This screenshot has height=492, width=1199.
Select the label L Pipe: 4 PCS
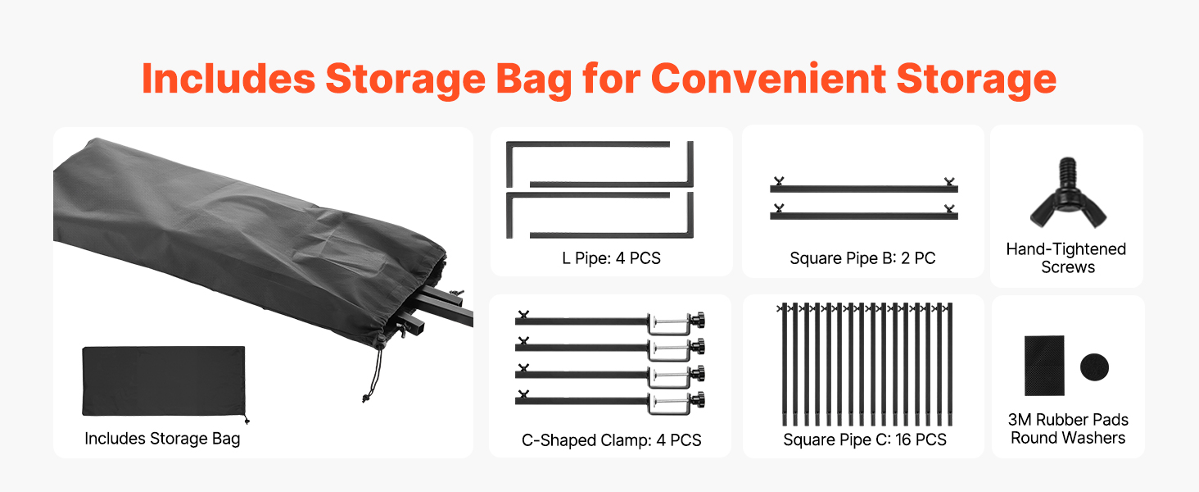pyautogui.click(x=611, y=258)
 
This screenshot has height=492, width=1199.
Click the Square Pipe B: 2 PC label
pyautogui.click(x=862, y=258)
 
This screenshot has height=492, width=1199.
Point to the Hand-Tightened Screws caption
pyautogui.click(x=1066, y=257)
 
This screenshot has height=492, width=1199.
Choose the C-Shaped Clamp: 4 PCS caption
pyautogui.click(x=611, y=440)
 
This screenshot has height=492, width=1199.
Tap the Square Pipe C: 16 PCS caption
pyautogui.click(x=865, y=440)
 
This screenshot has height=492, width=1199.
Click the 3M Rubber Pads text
pyautogui.click(x=1068, y=419)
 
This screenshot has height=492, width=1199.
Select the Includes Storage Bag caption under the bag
pyautogui.click(x=162, y=439)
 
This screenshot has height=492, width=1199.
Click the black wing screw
pyautogui.click(x=1068, y=194)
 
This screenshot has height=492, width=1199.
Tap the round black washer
pyautogui.click(x=1094, y=367)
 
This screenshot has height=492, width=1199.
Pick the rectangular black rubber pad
pyautogui.click(x=1043, y=366)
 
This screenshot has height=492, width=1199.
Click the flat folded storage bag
pyautogui.click(x=164, y=381)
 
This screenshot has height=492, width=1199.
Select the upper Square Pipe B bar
pyautogui.click(x=863, y=188)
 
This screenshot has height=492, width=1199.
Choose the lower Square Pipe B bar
pyautogui.click(x=863, y=215)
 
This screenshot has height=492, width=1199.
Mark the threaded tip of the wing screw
pyautogui.click(x=1067, y=167)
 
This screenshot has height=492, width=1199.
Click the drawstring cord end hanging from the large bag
pyautogui.click(x=365, y=399)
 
